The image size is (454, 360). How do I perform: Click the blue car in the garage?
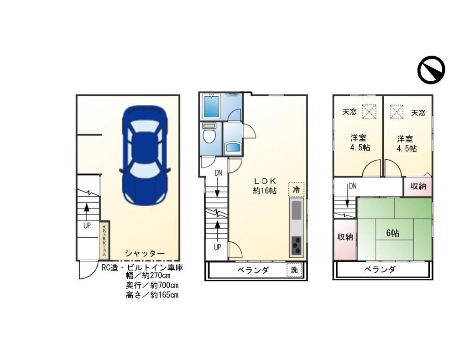[x=144, y=155]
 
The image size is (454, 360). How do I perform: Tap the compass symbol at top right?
[x=431, y=70]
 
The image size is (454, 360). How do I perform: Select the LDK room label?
[x=265, y=185]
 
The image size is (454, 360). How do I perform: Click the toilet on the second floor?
[x=209, y=135]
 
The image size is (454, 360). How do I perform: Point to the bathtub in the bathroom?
[x=211, y=107]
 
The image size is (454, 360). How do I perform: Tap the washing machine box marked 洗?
[x=294, y=270]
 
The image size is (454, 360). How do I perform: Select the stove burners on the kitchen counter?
[x=296, y=246]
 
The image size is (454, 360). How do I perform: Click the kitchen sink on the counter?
[x=296, y=211]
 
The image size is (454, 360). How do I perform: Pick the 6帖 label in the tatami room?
[x=392, y=233]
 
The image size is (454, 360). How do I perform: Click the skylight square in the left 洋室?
[x=369, y=111]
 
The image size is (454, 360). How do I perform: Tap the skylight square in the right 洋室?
[x=397, y=111]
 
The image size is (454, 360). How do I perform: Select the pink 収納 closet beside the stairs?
[x=345, y=237]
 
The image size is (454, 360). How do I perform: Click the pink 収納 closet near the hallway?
[x=418, y=186]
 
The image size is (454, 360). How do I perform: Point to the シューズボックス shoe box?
[x=104, y=241]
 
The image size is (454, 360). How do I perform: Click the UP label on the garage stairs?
[x=87, y=225]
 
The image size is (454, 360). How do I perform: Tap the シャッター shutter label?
[x=145, y=254]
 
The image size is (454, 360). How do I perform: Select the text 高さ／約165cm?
[x=151, y=295]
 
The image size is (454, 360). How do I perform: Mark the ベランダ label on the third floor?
[x=380, y=269]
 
